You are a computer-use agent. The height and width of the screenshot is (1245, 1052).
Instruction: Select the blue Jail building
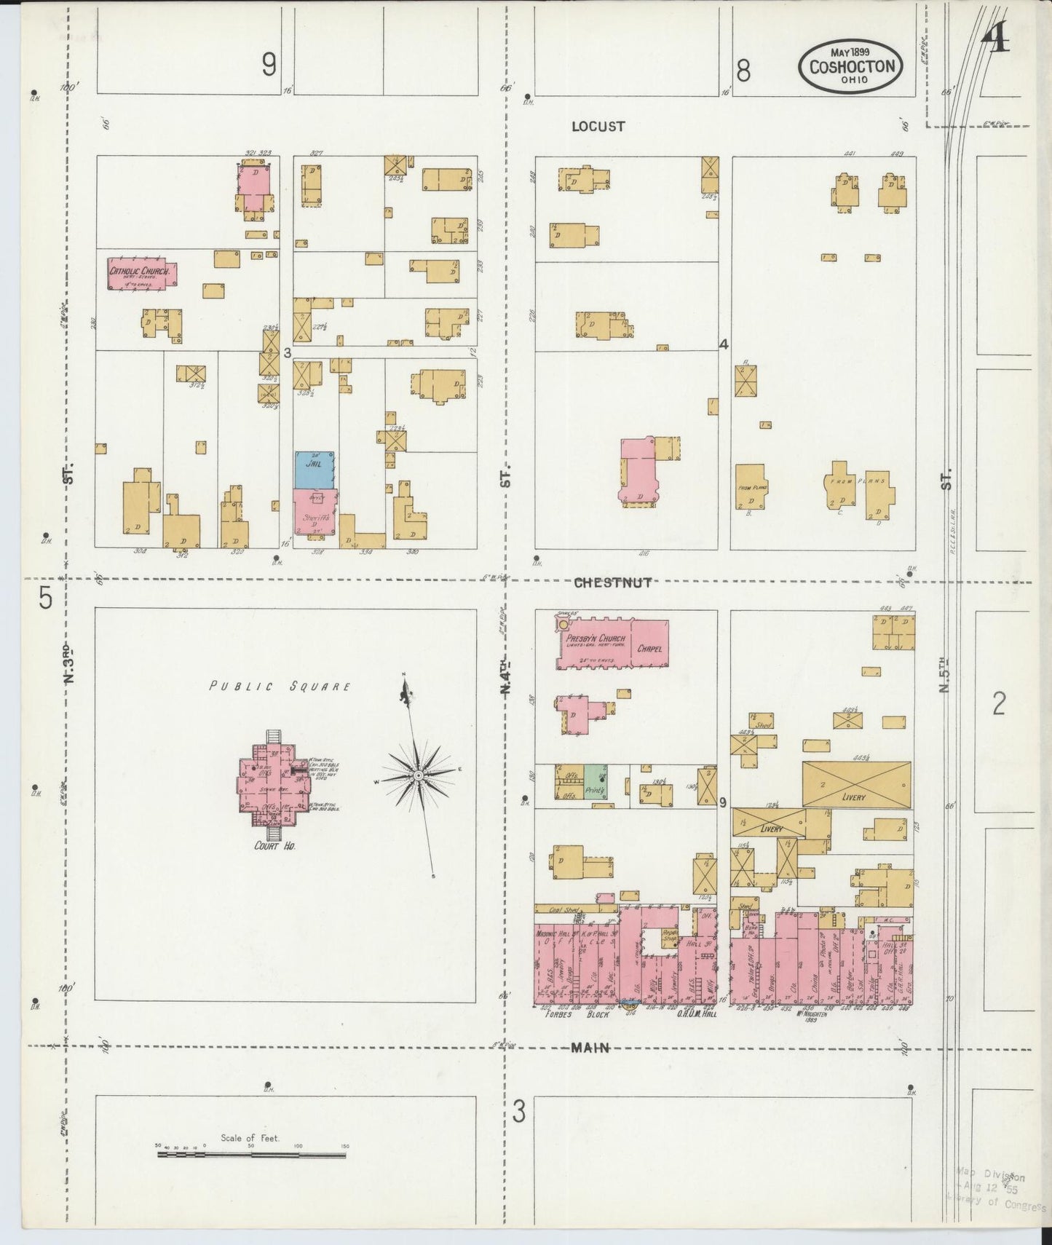pyautogui.click(x=314, y=470)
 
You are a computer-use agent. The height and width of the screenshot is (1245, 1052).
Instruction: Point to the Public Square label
pyautogui.click(x=280, y=686)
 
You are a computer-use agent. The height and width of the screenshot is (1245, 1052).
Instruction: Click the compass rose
pyautogui.click(x=418, y=776)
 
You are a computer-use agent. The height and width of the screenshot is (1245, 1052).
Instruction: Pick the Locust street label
pyautogui.click(x=598, y=126)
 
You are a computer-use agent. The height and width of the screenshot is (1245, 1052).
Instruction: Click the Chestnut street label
pyautogui.click(x=612, y=582)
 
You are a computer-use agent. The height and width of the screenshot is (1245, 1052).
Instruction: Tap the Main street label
pyautogui.click(x=590, y=1047)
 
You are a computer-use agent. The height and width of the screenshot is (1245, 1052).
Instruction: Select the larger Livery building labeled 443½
pyautogui.click(x=856, y=785)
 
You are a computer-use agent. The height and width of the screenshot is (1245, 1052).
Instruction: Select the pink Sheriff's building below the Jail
pyautogui.click(x=315, y=514)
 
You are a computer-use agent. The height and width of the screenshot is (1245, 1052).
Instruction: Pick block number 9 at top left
pyautogui.click(x=269, y=68)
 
